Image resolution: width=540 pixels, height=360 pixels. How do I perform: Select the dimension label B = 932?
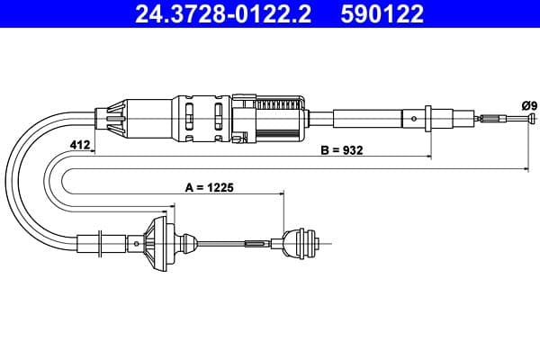341,149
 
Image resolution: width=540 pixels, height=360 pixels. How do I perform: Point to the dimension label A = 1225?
210,188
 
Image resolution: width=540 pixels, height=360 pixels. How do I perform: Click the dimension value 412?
79,145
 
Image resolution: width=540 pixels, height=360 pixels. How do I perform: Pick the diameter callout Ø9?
527,104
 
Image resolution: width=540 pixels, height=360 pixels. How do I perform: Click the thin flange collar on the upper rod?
429,117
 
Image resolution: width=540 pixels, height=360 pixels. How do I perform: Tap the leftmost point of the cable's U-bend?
16,180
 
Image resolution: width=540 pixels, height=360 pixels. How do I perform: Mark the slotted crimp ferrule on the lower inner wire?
256,242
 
